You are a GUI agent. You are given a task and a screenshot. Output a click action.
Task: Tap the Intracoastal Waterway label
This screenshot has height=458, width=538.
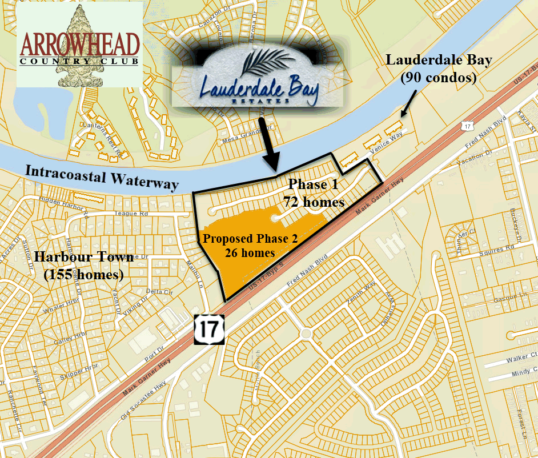coord(102,177)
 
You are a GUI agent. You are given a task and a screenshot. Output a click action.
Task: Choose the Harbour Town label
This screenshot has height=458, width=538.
coord(84,257)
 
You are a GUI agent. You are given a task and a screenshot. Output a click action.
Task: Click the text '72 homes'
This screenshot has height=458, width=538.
coord(314,202)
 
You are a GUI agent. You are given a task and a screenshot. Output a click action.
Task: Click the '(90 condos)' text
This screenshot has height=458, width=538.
coord(438,78)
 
